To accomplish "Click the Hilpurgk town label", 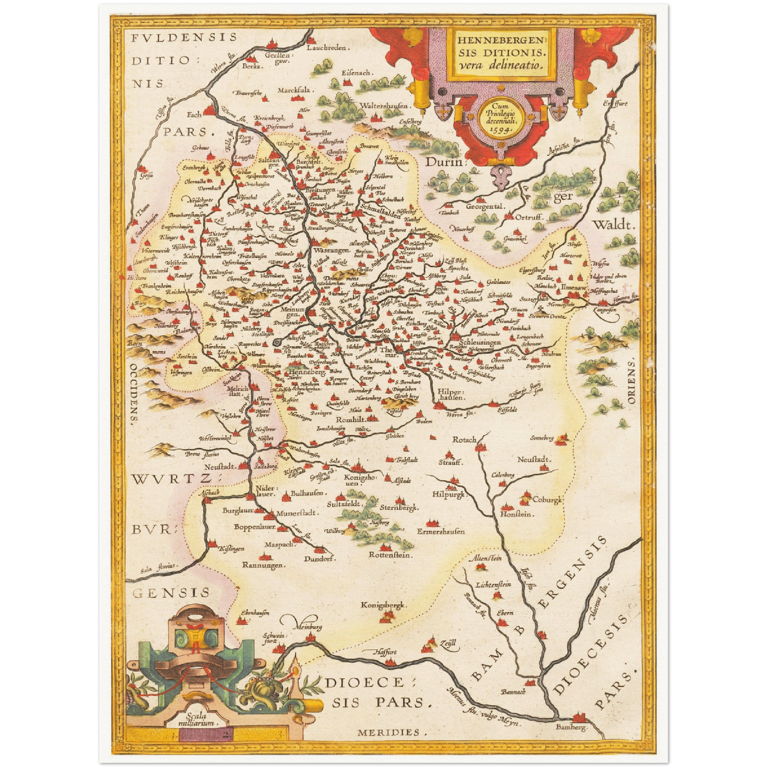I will click(448, 494).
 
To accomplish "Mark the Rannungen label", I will click(264, 565).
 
